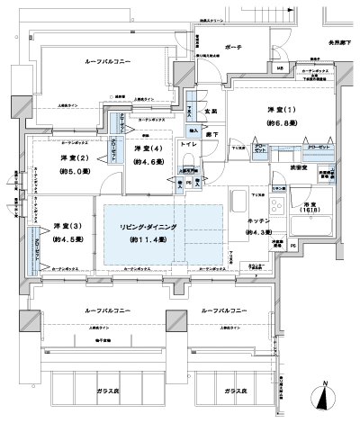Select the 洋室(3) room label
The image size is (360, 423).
[63, 226]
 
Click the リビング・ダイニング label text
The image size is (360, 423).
[162, 226]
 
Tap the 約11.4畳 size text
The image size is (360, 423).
[162, 240]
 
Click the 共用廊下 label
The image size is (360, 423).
[337, 41]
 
